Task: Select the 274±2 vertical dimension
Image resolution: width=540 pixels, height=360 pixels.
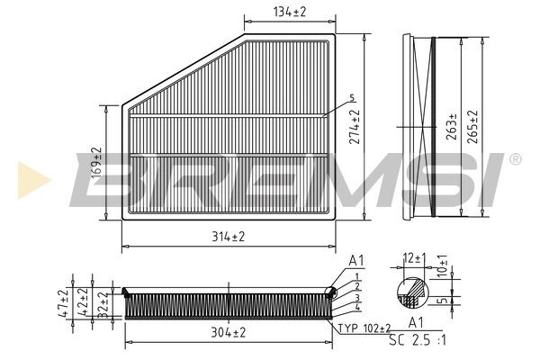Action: point(355,127)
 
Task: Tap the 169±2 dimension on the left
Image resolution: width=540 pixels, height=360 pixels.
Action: point(96,162)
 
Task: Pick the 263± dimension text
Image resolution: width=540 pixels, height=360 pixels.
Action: point(449,128)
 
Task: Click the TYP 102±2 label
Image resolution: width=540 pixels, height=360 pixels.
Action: point(366,328)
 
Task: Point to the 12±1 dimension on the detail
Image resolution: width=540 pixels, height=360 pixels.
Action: point(413,258)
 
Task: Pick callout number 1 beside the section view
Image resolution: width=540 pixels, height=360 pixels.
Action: point(356,275)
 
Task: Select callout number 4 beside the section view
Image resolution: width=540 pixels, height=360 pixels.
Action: point(356,308)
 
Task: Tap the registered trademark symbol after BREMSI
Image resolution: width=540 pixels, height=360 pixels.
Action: point(514,160)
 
